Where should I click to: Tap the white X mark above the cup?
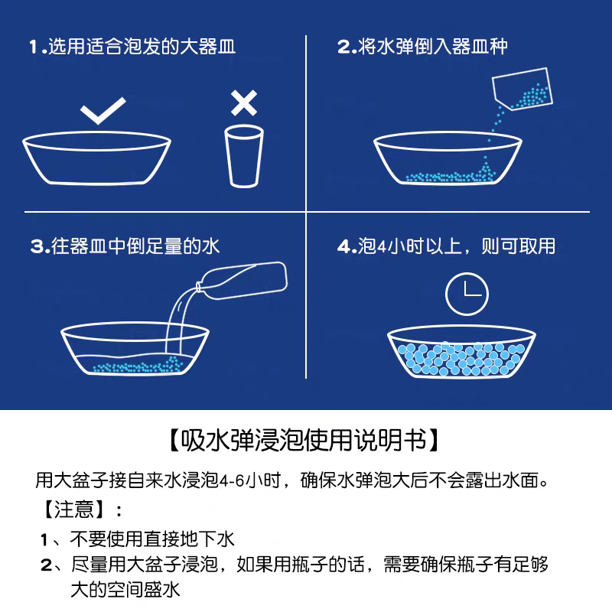click(243, 102)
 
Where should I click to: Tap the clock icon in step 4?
click(467, 294)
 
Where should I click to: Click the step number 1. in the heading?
click(37, 47)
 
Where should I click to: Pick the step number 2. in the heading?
click(347, 47)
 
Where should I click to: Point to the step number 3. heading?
click(39, 246)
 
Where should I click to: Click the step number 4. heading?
click(347, 246)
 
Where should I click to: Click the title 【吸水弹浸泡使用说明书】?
click(305, 441)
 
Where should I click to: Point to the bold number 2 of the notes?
click(46, 566)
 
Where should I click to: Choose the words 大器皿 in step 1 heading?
click(208, 47)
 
